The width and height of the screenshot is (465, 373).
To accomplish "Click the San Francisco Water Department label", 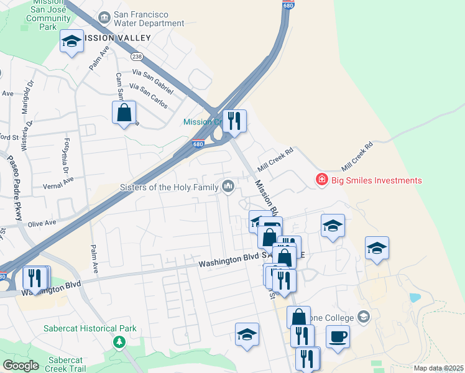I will pos(149,19).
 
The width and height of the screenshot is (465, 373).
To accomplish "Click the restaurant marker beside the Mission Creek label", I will pos(234,121).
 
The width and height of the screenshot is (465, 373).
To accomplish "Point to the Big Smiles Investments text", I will pos(376,181).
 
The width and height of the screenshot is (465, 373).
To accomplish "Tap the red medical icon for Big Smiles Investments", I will pos(321,180).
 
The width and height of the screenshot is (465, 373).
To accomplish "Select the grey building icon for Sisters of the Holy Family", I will pos(228,186).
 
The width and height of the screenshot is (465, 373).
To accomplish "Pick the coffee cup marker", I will pos(338,336).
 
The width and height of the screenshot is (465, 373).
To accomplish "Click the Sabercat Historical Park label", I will pos(81,328).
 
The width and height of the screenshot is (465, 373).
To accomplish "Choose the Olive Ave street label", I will pos(42,223).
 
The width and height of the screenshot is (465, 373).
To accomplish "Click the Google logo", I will pos(20,366).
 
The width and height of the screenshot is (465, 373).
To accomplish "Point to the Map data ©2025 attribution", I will pos(438,368).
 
